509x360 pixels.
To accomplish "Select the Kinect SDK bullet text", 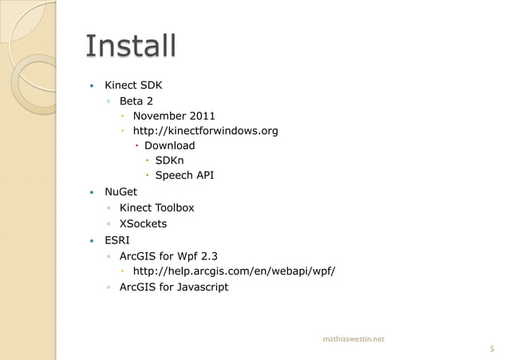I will (134, 85).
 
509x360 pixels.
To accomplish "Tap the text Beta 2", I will (136, 101).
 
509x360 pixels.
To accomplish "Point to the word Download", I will (169, 145).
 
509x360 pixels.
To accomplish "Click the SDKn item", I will (172, 160).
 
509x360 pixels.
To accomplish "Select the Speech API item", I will (184, 176).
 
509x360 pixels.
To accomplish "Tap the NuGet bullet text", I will (121, 192).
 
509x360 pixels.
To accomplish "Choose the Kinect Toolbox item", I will (156, 208).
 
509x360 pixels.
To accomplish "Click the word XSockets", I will (143, 224).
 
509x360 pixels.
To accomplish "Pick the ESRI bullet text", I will (117, 239).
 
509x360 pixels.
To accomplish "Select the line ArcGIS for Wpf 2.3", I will (168, 256).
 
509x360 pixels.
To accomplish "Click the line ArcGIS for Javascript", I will (174, 287).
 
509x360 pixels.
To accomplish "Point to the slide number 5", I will (491, 348).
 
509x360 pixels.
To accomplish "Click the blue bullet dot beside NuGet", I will (93, 192).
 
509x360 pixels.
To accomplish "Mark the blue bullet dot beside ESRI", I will (93, 240).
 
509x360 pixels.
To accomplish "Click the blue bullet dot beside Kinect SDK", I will (93, 85).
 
